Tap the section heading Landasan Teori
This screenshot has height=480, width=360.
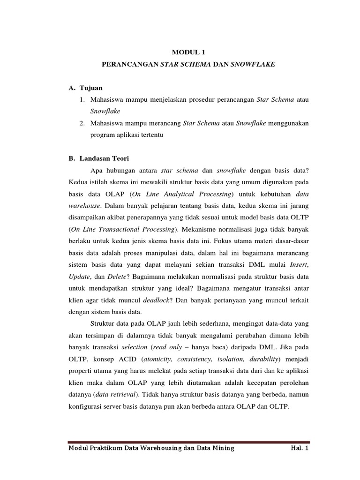[101, 158]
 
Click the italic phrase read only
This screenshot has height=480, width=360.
[184, 347]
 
